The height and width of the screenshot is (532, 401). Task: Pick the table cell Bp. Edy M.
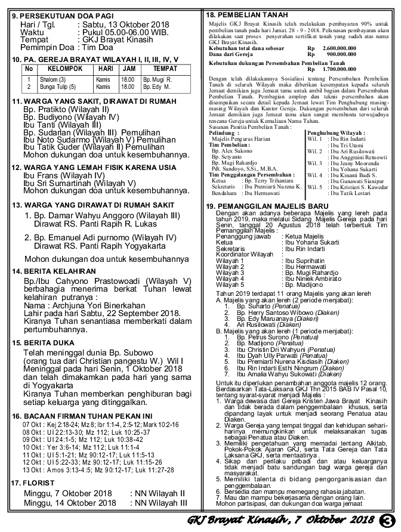coord(156,86)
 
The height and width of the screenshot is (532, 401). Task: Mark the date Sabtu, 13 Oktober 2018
coord(123,24)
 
